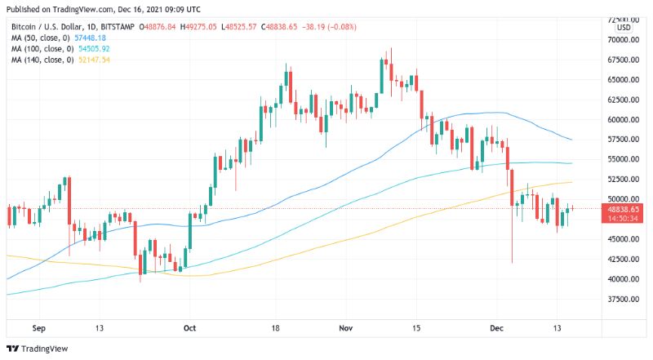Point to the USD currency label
tap(624, 28)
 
